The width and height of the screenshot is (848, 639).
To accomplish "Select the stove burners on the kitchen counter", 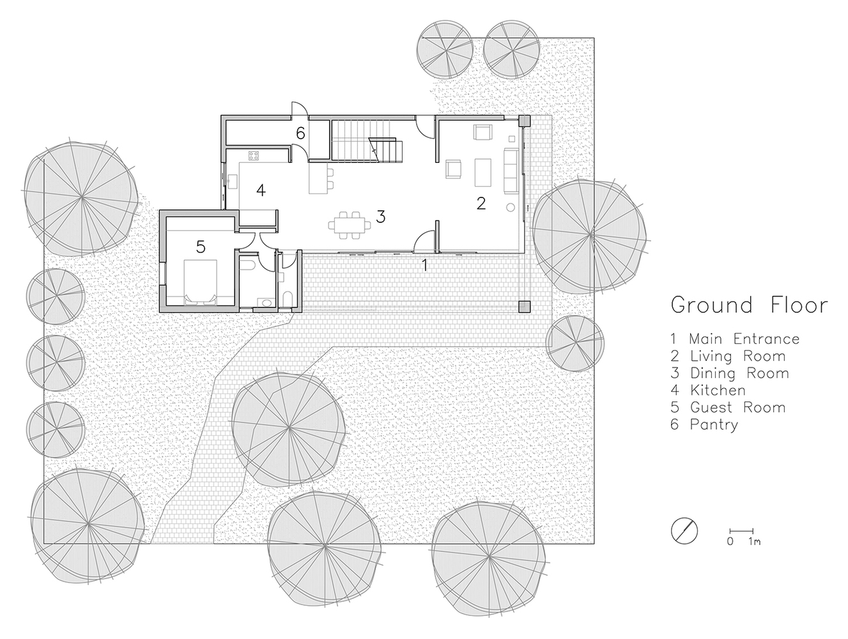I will coord(253,155).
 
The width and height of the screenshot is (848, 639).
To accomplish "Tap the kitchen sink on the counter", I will coord(231,180).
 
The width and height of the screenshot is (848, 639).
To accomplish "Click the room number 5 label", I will coord(201,247).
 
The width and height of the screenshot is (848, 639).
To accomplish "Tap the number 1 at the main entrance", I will coord(424,265).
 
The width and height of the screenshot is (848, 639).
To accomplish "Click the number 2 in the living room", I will coord(481,203).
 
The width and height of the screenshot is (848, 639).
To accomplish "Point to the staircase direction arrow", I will coord(373,149).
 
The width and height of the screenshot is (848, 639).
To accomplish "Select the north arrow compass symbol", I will coord(684,530).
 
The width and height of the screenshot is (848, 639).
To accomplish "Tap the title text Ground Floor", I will coord(748,305).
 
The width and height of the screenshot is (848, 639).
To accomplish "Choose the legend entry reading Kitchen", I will coord(717,390).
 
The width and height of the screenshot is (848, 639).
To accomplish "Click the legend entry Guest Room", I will coord(737,407).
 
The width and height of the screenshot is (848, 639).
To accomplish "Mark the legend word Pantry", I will coord(714,424).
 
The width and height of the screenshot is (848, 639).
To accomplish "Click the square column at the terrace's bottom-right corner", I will coord(524,306).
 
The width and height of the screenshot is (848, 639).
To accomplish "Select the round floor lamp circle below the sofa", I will coord(510,207).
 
